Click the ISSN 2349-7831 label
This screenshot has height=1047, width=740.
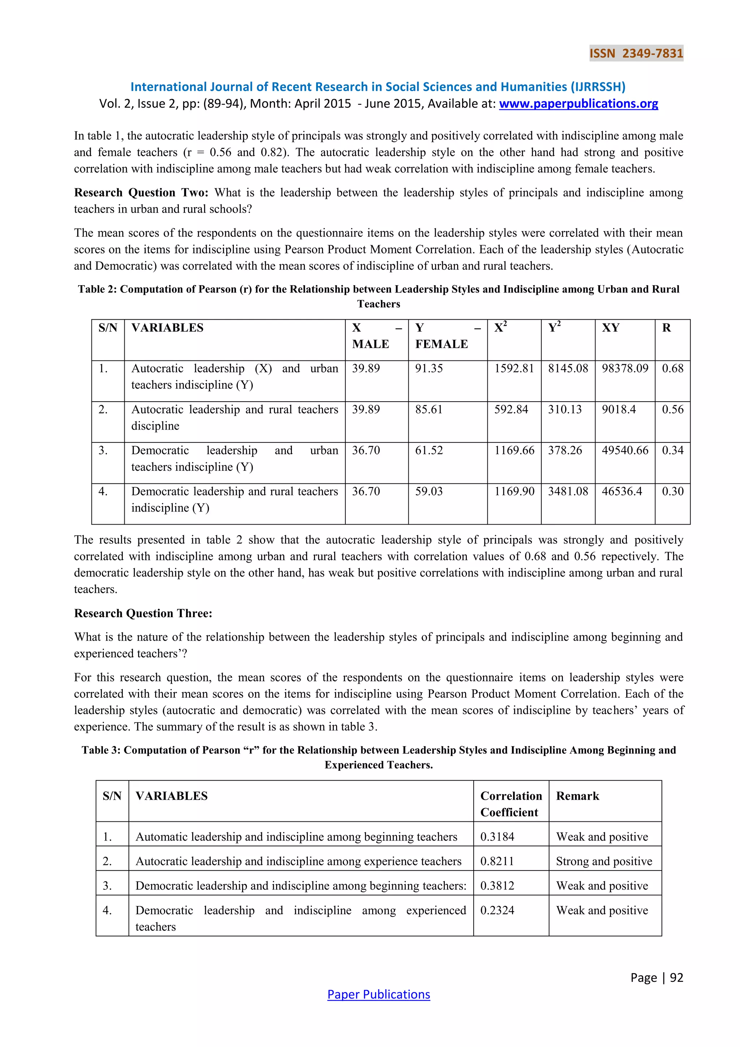coord(636,54)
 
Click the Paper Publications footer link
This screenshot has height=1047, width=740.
coord(378,994)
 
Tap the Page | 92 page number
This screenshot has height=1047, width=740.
coord(657,977)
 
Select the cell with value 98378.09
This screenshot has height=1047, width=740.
coord(624,368)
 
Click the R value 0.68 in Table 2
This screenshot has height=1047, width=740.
coord(672,368)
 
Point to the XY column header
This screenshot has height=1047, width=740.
coord(611,328)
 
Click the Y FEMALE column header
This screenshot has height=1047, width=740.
coord(441,336)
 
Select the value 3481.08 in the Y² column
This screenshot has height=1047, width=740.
coord(568,492)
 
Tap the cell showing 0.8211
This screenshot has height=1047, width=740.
coord(497,861)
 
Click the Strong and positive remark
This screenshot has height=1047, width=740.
coord(604,861)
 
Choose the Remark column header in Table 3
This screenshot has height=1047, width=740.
coord(577,796)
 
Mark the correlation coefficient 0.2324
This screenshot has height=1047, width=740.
coord(497,910)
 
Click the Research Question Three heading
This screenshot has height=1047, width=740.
coord(143,613)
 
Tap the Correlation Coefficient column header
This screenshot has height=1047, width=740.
coord(511,804)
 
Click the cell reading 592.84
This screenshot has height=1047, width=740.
coord(511,410)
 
